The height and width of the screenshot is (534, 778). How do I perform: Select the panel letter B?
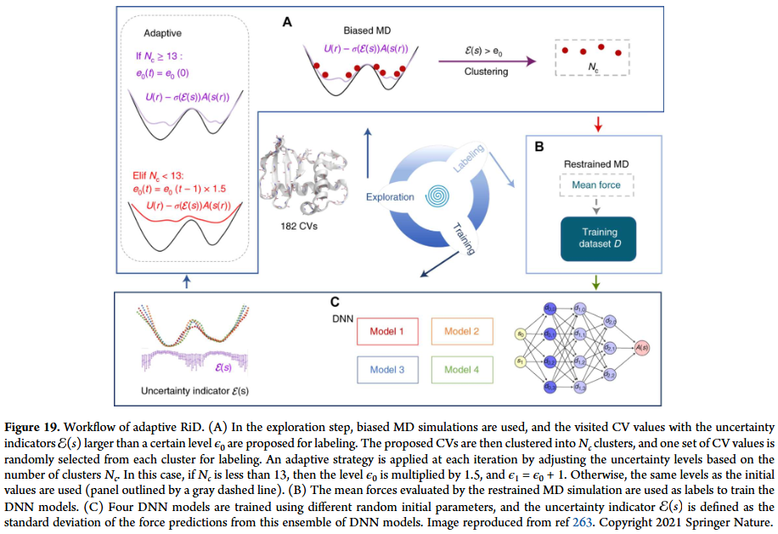click(x=537, y=145)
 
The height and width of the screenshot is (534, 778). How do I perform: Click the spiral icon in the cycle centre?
click(x=440, y=196)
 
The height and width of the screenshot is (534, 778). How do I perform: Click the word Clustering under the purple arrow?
click(x=486, y=71)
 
